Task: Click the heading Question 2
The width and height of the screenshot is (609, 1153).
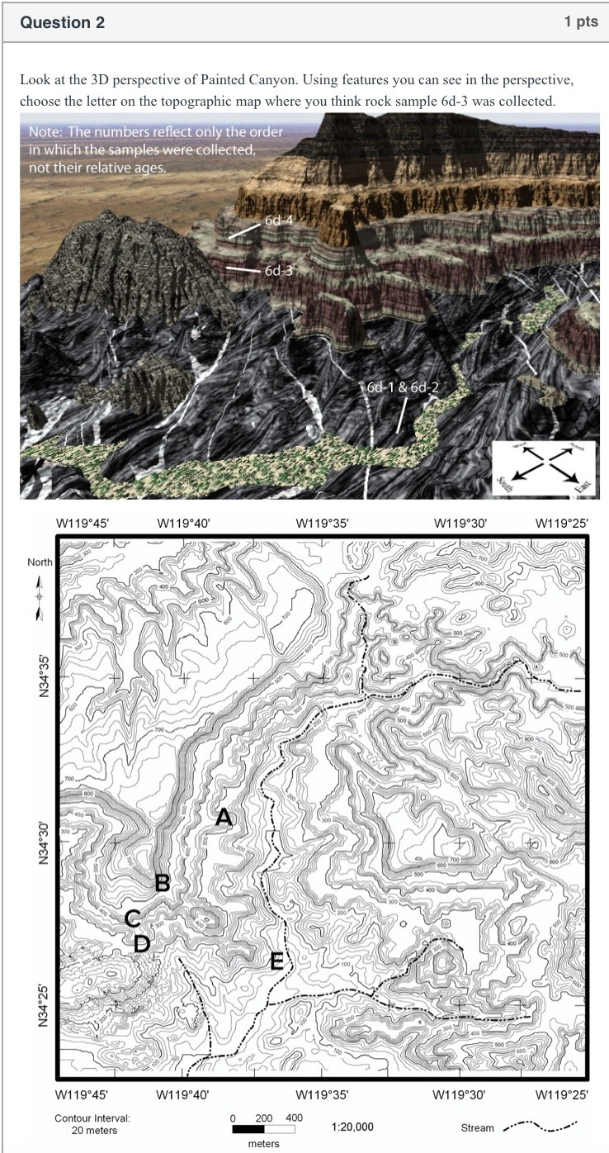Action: pos(63,22)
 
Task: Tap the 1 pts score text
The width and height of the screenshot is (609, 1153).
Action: pos(581,22)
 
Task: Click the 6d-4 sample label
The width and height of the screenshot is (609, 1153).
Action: pos(279,221)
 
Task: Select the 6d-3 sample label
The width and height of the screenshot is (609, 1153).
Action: pos(279,270)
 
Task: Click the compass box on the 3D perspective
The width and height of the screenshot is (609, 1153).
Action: pos(542,468)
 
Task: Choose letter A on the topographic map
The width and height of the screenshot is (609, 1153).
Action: pos(224,818)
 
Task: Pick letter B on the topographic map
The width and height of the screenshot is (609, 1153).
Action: pos(163,883)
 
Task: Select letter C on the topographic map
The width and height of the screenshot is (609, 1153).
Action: pos(132,918)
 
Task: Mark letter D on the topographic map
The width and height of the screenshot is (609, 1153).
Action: pos(142,942)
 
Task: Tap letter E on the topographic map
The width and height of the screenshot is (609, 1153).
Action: pos(277,961)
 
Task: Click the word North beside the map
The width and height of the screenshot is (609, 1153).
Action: pos(40,562)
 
